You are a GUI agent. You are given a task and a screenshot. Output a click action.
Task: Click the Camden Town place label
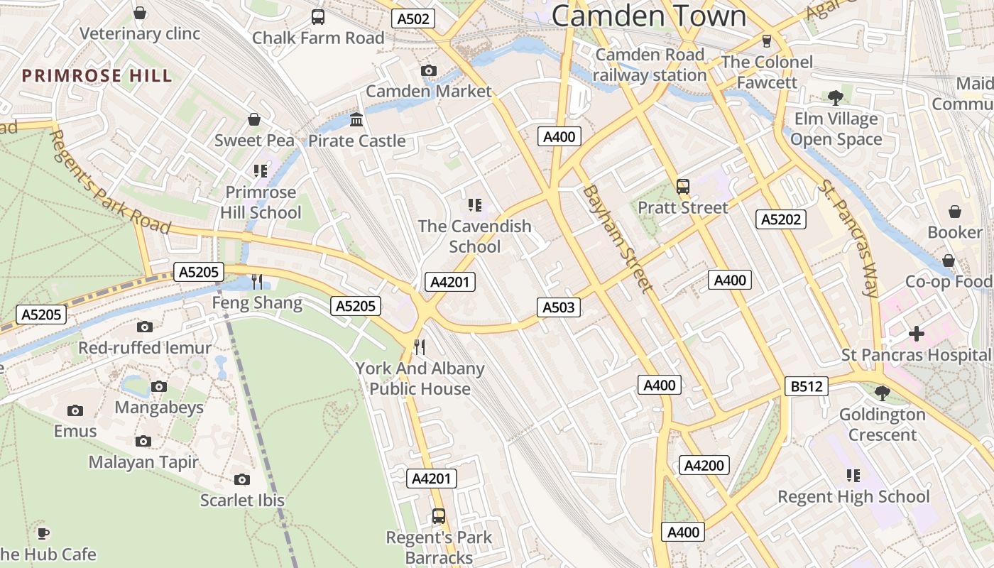click(648, 16)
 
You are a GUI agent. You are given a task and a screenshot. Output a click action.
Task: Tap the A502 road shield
click(413, 19)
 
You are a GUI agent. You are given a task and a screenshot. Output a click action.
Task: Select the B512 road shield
click(807, 386)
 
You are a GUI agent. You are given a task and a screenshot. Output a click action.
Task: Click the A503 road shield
click(558, 307)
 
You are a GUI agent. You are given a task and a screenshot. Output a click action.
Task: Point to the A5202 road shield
click(781, 219)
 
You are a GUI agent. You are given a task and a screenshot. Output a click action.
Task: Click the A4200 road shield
click(704, 465)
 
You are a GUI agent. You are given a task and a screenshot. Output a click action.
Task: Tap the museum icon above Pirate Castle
click(356, 119)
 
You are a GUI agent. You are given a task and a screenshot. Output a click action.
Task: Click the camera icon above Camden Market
click(428, 70)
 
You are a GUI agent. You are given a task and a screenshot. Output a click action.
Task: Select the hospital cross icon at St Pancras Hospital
click(917, 332)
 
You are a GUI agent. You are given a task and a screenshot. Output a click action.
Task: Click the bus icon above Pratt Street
click(682, 187)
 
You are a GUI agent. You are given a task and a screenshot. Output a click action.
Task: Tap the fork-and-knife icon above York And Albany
click(420, 347)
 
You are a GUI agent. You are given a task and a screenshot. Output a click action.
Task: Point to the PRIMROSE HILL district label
click(97, 76)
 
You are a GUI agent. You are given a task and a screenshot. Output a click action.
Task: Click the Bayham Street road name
click(616, 239)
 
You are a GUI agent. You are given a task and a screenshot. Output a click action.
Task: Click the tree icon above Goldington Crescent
click(882, 393)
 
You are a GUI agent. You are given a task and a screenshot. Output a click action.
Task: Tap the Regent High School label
click(853, 496)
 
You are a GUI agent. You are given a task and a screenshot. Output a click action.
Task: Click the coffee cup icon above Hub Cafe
click(43, 532)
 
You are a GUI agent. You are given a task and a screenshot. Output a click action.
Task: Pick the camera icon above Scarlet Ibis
click(242, 480)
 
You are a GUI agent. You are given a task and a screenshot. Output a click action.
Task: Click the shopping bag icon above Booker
click(955, 212)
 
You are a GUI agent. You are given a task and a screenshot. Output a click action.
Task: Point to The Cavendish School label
click(474, 236)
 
